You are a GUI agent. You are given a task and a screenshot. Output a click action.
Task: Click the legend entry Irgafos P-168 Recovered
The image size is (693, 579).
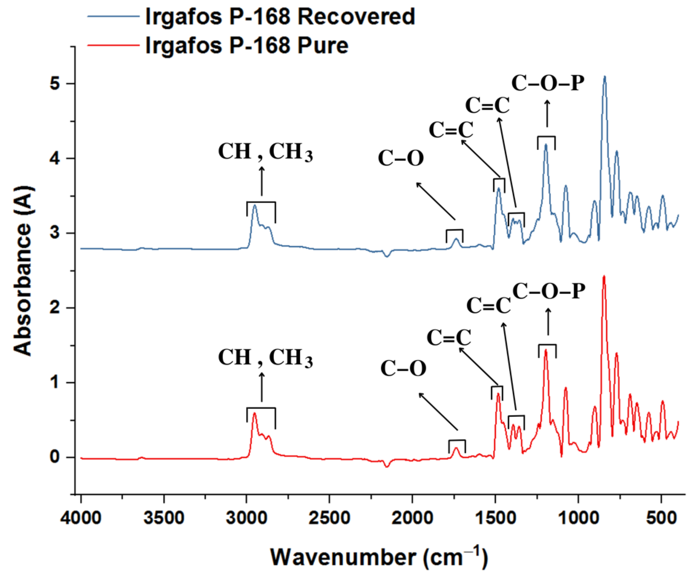(x=280, y=16)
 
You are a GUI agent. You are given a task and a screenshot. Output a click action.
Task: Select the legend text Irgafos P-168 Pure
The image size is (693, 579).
(x=247, y=45)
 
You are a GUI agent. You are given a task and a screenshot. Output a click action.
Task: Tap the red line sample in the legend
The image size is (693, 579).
(x=113, y=45)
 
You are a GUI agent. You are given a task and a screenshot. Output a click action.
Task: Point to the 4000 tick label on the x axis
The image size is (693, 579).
(x=81, y=518)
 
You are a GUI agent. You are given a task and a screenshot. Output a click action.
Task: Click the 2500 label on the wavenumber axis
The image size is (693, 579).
(x=329, y=518)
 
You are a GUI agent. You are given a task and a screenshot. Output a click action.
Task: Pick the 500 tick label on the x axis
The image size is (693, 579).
(x=661, y=518)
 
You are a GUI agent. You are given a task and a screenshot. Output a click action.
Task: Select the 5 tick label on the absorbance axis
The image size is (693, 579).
(x=55, y=84)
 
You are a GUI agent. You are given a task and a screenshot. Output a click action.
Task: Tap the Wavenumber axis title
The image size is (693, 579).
(x=379, y=557)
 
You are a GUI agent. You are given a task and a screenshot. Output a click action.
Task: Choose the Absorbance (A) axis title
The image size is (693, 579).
(x=24, y=271)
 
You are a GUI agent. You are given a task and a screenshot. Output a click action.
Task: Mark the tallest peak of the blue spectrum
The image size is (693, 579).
(x=604, y=77)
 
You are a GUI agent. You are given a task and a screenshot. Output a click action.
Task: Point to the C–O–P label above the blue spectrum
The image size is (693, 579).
(x=548, y=84)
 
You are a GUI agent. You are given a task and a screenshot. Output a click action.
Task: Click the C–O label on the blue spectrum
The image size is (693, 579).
(x=401, y=159)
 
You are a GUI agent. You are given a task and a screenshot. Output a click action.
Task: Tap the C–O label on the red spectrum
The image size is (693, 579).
(x=403, y=369)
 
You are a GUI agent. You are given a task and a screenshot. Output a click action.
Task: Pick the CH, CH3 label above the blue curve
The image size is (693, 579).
(x=265, y=152)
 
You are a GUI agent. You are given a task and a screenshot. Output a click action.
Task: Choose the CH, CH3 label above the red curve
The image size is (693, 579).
(x=265, y=358)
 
